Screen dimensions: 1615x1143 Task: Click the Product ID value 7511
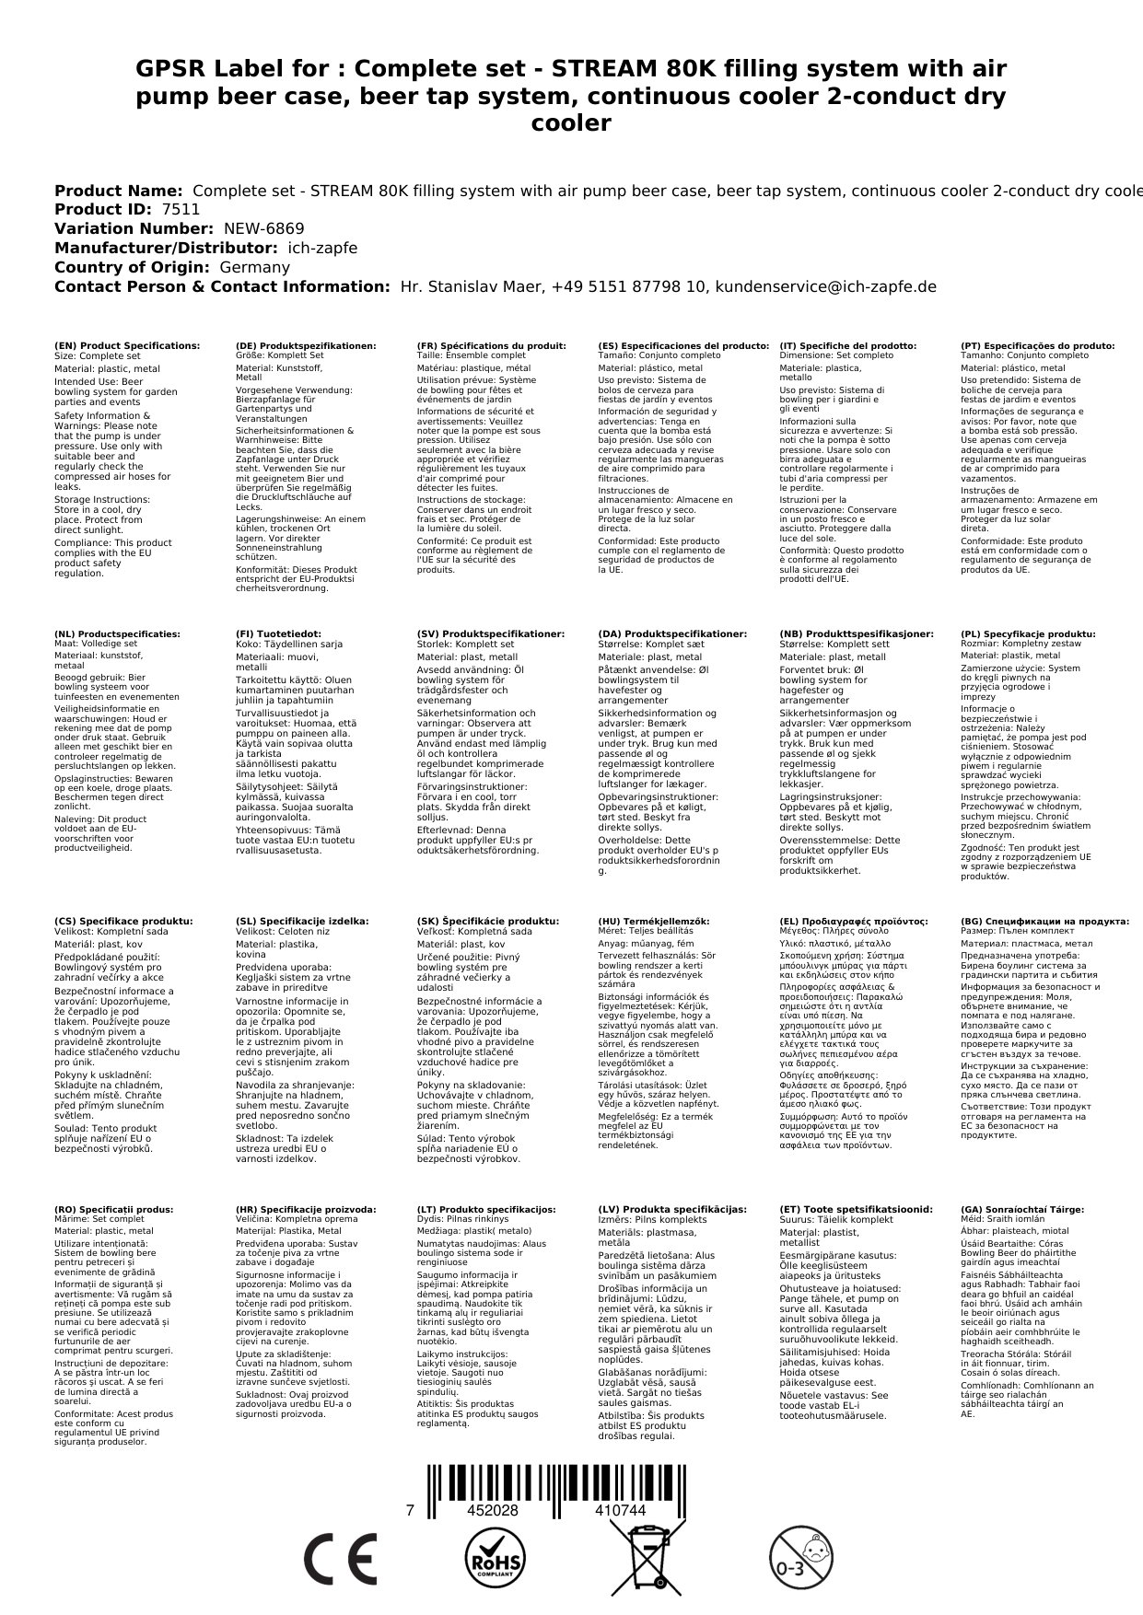pos(181,210)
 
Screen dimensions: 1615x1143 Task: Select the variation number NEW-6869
pos(263,229)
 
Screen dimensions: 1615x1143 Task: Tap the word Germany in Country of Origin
pos(254,268)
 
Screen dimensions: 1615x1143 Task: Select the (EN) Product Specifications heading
pos(127,346)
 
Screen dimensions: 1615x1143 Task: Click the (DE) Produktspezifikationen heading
pos(306,346)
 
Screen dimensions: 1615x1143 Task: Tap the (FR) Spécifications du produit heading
pos(491,346)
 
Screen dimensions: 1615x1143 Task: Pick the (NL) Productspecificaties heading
pos(117,634)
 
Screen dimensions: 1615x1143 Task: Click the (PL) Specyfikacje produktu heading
pos(1028,634)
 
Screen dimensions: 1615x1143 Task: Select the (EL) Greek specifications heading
pos(854,921)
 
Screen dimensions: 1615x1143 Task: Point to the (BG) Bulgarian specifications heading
pos(1044,921)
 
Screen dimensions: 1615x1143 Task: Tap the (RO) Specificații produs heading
pos(113,1210)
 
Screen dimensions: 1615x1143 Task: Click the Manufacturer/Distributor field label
pos(166,249)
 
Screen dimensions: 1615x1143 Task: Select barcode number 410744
pos(620,1511)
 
